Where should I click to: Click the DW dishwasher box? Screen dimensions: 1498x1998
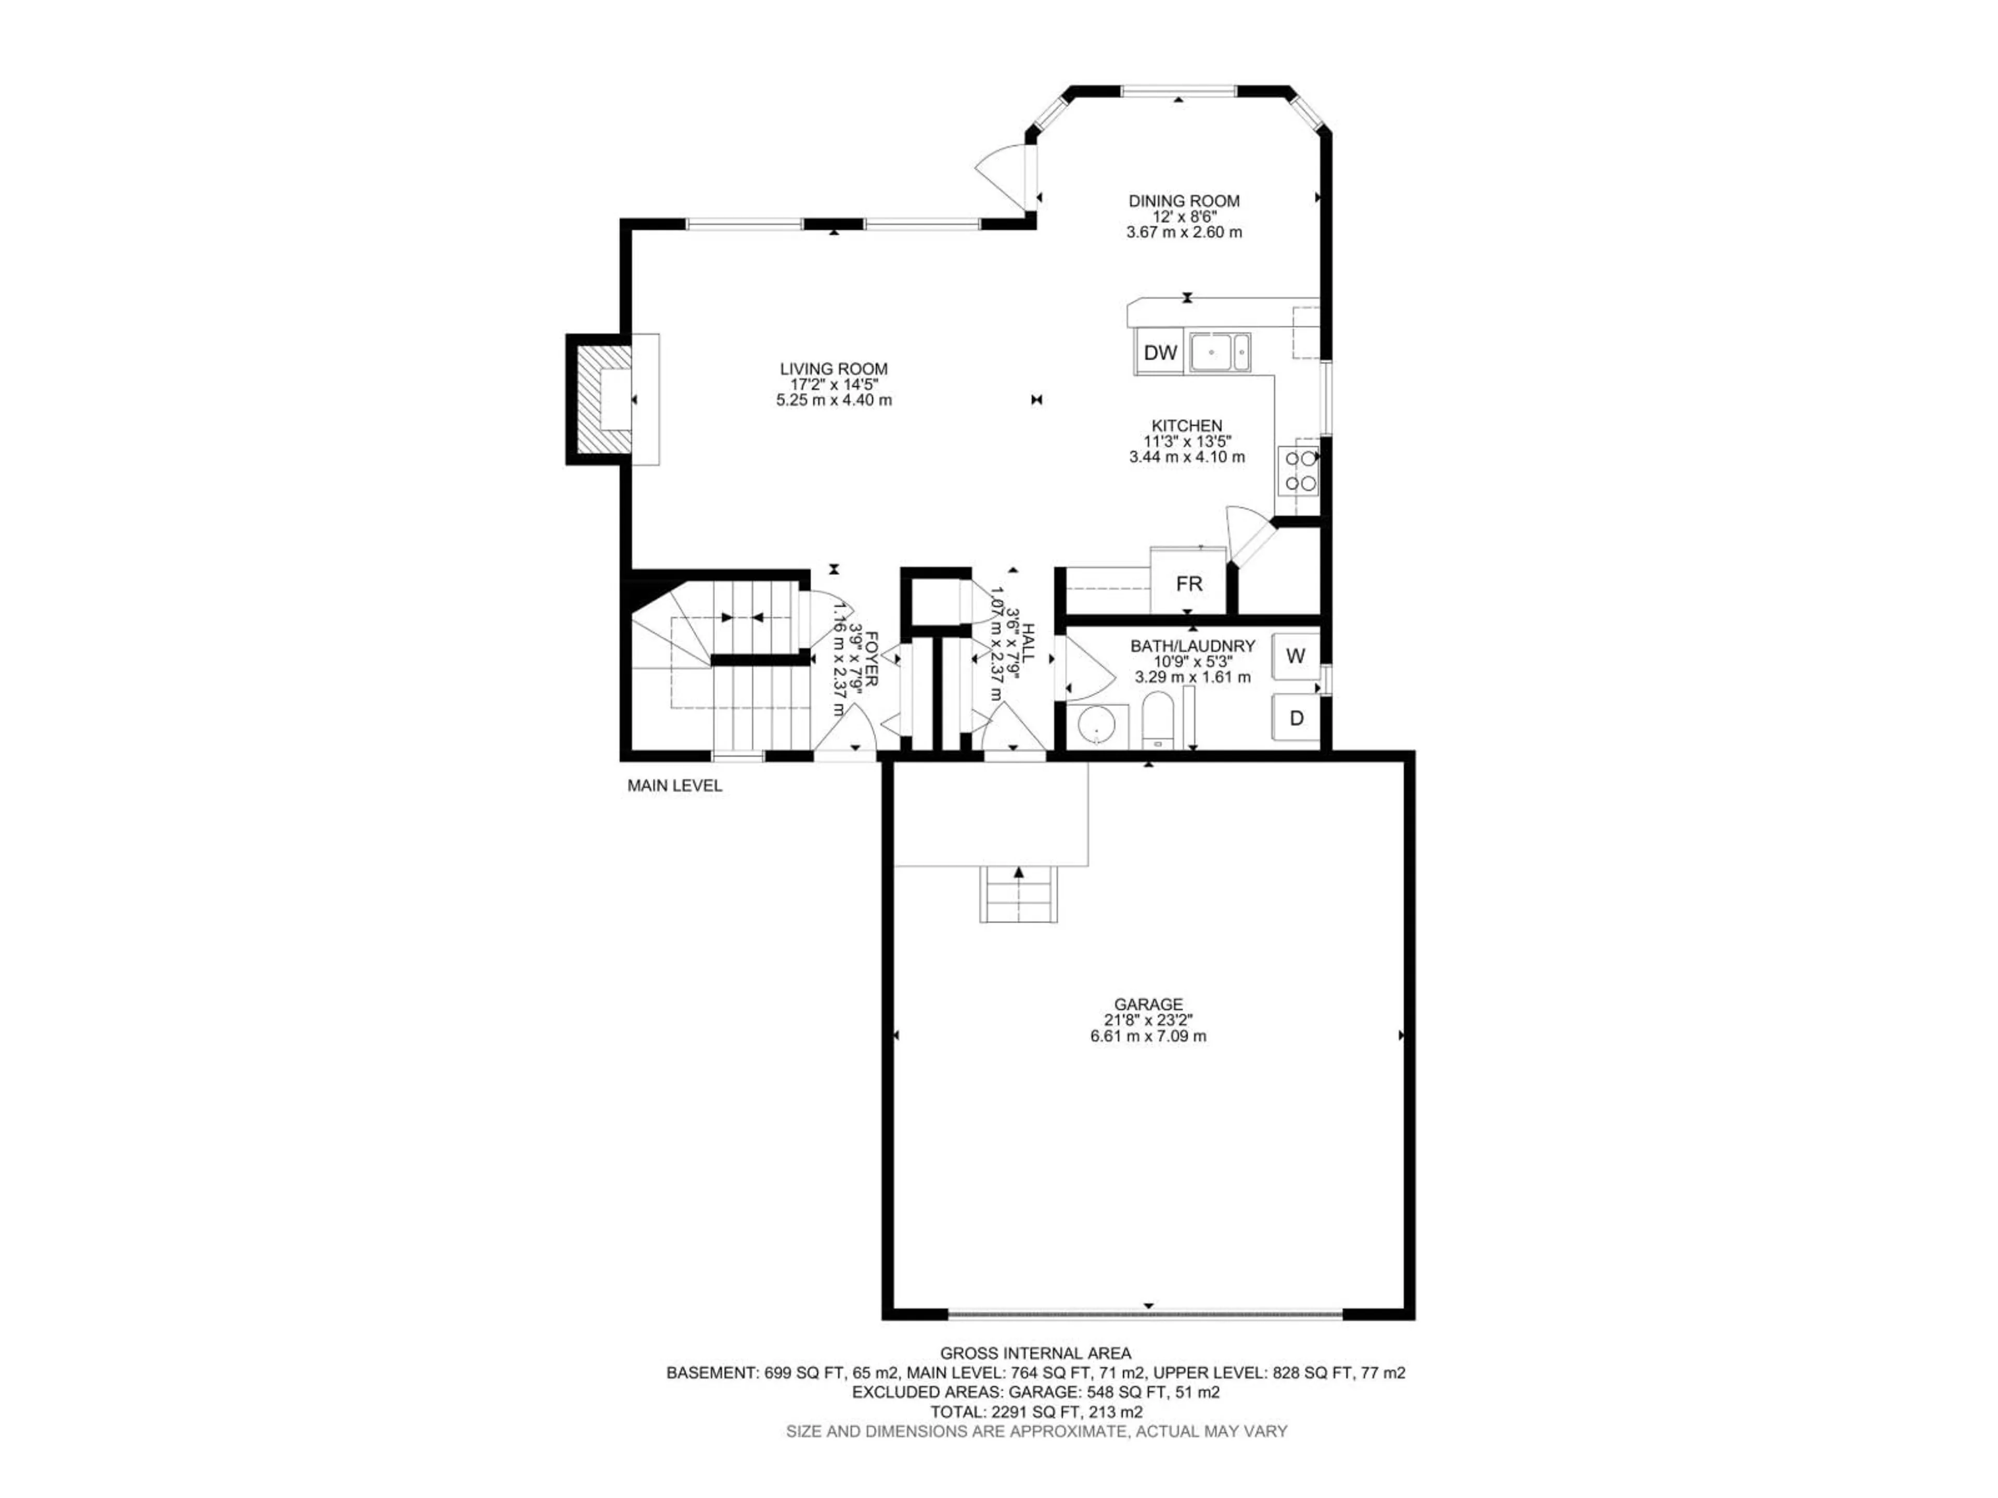(x=1160, y=352)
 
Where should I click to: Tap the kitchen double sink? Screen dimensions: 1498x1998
(x=1220, y=352)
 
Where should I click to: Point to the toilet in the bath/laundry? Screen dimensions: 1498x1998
(x=1156, y=720)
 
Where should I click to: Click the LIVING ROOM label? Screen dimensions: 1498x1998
(x=834, y=368)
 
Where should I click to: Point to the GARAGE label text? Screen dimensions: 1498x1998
(x=1148, y=1004)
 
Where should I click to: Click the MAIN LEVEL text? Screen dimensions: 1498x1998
(x=675, y=785)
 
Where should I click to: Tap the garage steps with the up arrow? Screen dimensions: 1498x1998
(x=1019, y=894)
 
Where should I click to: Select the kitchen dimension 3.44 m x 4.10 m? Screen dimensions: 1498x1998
(x=1187, y=457)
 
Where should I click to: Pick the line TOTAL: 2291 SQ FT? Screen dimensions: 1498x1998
(x=1036, y=1411)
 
